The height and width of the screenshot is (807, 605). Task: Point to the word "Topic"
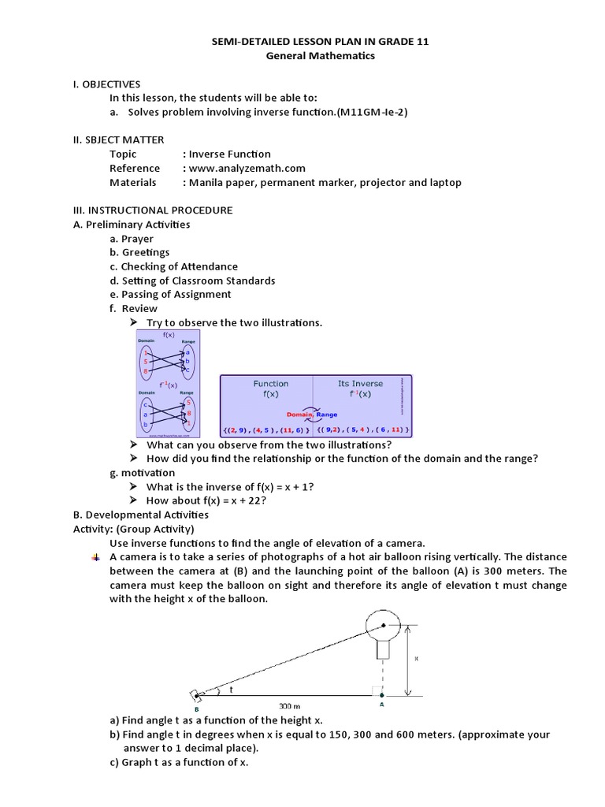click(x=123, y=154)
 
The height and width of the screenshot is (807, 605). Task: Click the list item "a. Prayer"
click(x=132, y=239)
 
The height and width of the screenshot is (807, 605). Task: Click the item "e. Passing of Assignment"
click(x=170, y=294)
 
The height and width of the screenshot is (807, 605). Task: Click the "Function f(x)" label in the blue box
click(x=270, y=389)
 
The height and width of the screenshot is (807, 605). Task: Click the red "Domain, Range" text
click(x=312, y=414)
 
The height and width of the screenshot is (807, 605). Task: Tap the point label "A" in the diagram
click(x=382, y=706)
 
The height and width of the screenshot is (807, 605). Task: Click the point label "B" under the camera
click(x=195, y=709)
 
